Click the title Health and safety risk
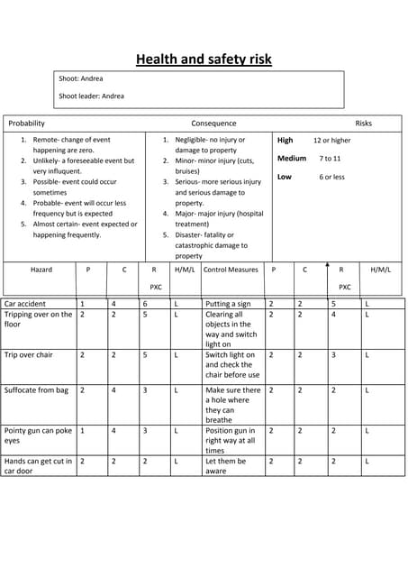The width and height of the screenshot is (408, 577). coord(204,60)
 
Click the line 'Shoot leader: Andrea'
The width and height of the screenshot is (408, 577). coord(91,96)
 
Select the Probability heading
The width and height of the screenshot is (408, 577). coord(26,124)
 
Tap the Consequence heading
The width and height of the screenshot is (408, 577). coord(213,124)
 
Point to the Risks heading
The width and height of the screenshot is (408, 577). coord(363,124)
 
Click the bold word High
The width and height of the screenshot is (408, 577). coord(285,141)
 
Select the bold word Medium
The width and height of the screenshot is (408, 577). coord(291,159)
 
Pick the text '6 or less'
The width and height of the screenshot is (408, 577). coord(331,177)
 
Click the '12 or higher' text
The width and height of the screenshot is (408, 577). coord(331,141)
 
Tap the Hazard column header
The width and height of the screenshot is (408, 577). coord(41,270)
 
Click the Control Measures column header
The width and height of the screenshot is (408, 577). coord(231,270)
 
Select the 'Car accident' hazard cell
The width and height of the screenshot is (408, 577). coord(25,305)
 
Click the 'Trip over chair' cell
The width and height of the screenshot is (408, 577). coord(29,355)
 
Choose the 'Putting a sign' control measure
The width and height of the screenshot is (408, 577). coord(228,305)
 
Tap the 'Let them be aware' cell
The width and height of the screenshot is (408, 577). coord(225,465)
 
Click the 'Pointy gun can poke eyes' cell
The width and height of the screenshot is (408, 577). coord(38,435)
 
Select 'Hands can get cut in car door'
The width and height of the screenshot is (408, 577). coord(38,465)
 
